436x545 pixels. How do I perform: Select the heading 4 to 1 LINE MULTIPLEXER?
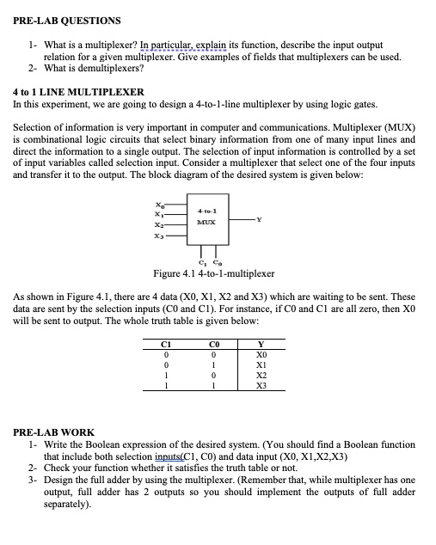[x=78, y=91]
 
